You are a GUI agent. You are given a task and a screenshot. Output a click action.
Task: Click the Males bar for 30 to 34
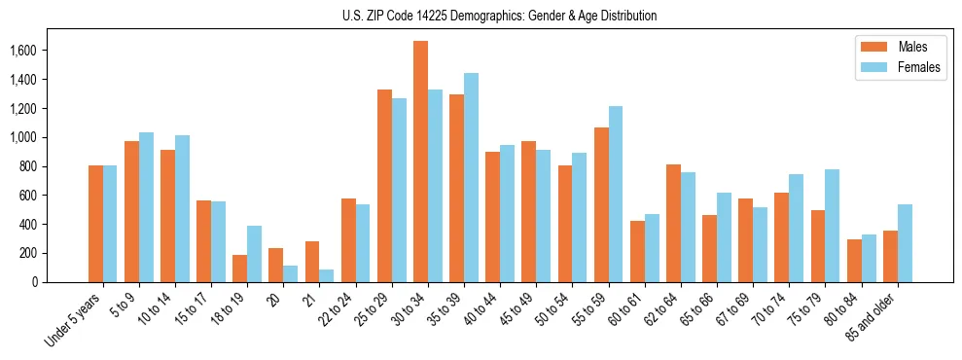(420, 162)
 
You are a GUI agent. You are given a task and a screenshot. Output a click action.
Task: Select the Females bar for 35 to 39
(471, 177)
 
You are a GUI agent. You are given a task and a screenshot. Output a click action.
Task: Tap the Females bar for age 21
(327, 275)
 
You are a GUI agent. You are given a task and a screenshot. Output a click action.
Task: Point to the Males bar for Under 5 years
(95, 224)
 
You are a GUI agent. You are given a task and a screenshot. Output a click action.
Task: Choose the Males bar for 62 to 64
(673, 224)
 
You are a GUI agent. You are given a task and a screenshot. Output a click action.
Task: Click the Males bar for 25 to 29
(384, 186)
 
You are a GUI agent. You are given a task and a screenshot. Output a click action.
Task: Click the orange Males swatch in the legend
(873, 47)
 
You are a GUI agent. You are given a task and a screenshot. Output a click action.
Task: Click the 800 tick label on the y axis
(55, 166)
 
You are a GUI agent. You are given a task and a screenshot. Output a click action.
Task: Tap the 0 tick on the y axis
(61, 282)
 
